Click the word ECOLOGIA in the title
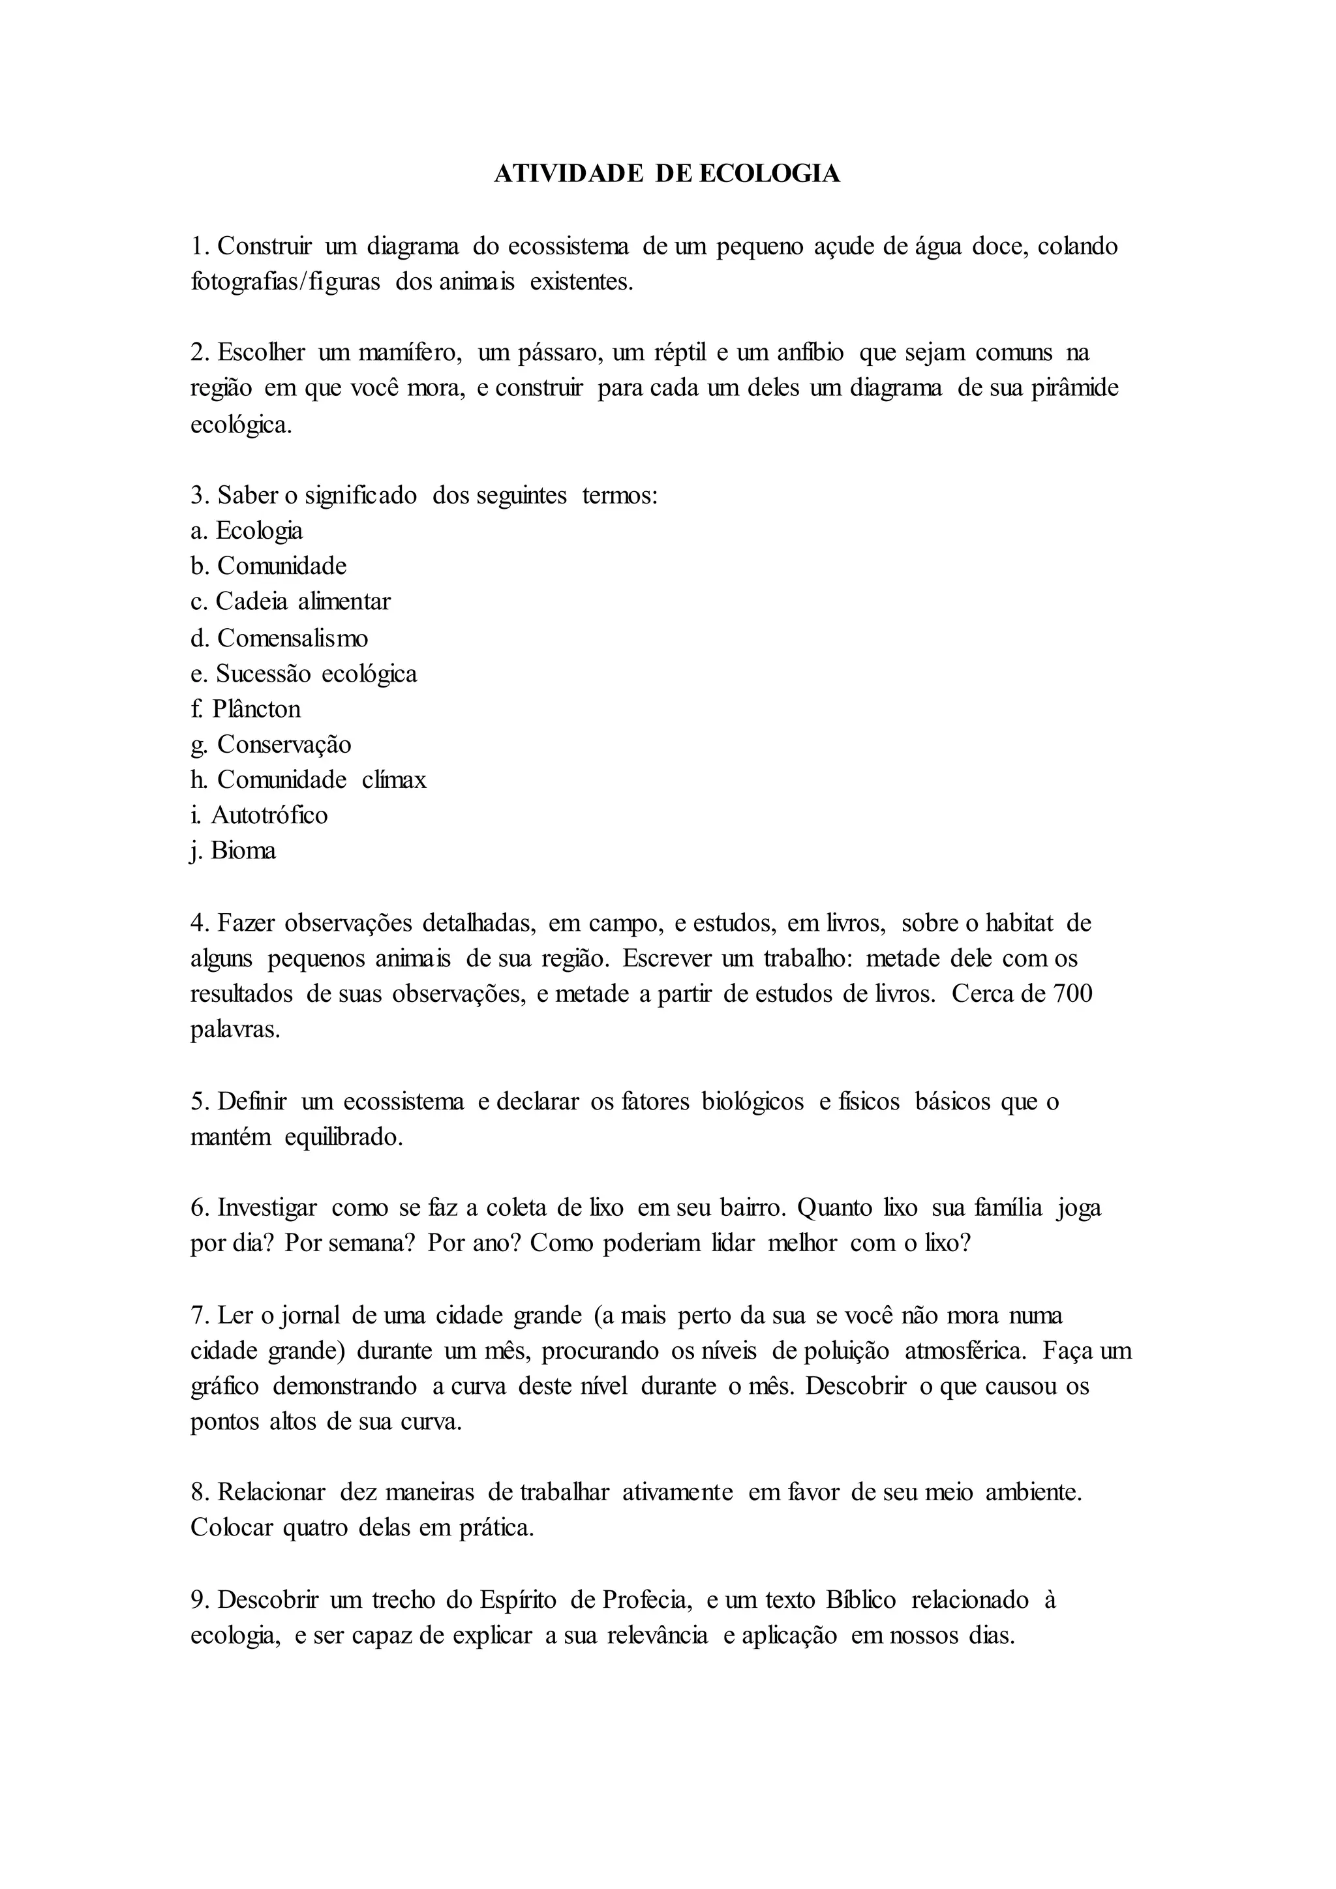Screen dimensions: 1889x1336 [x=769, y=174]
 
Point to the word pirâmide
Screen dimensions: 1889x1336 [x=1075, y=388]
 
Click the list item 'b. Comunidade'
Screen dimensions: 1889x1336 [x=269, y=566]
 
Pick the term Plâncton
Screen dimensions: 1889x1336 [x=256, y=708]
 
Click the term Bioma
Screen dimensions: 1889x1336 [x=243, y=851]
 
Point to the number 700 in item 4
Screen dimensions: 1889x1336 [x=1072, y=994]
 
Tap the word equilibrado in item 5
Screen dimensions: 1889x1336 [x=343, y=1137]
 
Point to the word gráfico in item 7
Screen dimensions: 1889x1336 [x=224, y=1386]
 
